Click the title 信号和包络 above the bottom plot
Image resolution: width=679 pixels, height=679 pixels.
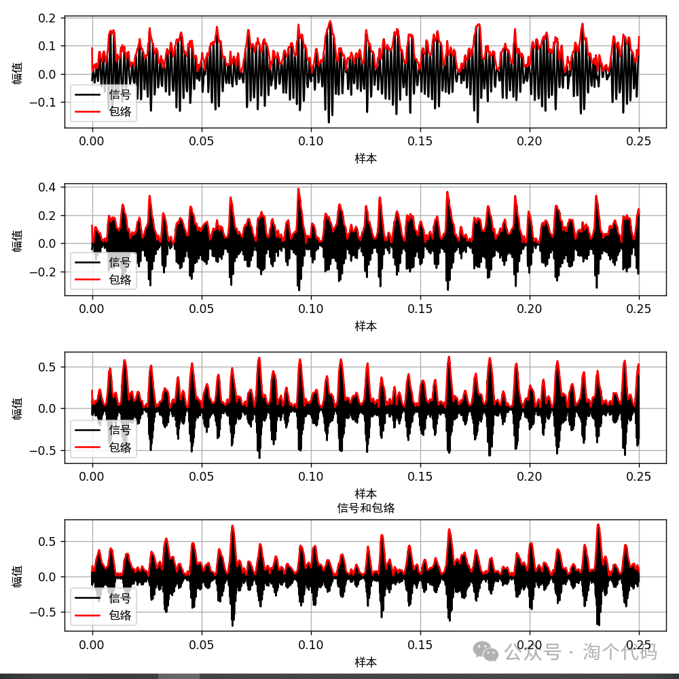click(365, 508)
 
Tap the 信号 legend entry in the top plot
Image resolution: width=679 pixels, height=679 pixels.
click(120, 94)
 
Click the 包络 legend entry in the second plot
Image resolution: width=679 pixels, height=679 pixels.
click(120, 279)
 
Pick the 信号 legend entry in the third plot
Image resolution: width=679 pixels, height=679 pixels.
click(120, 430)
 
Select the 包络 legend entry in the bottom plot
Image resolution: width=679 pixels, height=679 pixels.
click(120, 615)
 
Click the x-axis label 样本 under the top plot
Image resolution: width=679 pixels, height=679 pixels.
click(365, 159)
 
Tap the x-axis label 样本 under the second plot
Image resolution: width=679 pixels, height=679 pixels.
click(365, 327)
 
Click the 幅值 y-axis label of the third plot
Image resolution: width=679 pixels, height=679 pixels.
click(17, 407)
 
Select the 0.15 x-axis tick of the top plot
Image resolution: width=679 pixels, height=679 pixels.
click(420, 141)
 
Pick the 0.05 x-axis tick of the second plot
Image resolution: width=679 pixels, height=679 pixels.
click(202, 309)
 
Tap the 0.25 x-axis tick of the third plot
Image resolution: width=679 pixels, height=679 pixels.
click(638, 477)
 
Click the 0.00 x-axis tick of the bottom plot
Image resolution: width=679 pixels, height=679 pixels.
click(92, 644)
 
